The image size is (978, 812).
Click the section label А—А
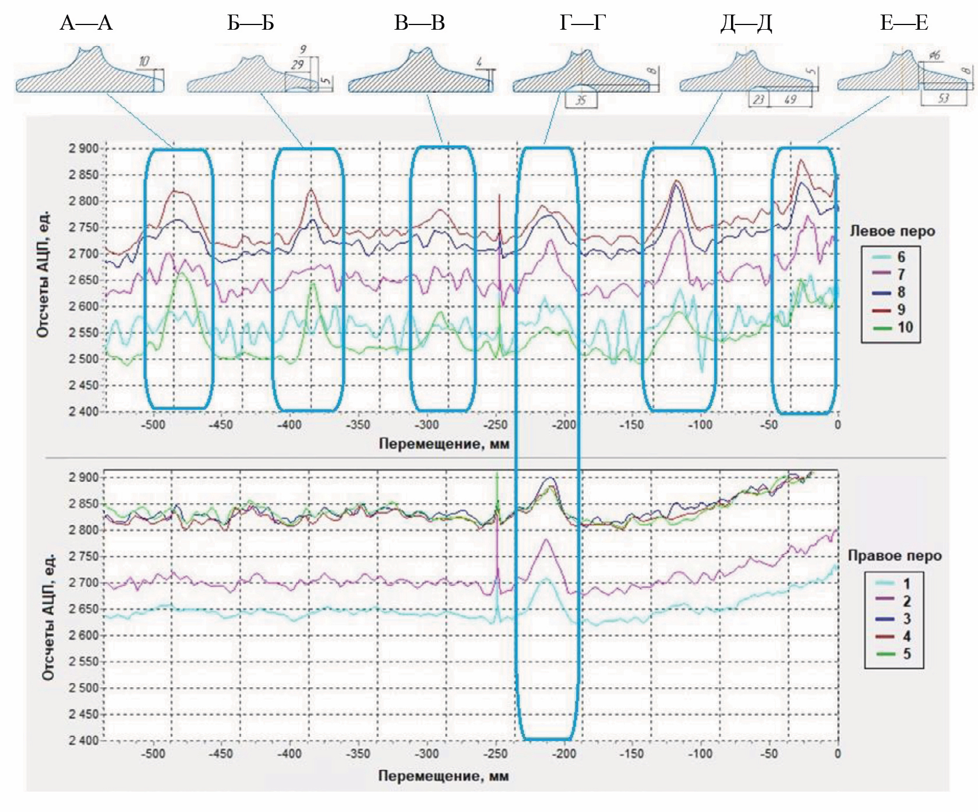tap(86, 23)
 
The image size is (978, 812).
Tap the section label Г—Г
tap(582, 23)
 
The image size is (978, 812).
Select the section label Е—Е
tap(903, 23)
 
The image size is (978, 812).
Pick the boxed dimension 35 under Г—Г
tap(581, 100)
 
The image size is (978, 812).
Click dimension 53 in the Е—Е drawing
tap(944, 98)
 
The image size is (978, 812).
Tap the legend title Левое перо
tap(892, 231)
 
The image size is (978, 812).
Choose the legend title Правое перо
tap(894, 556)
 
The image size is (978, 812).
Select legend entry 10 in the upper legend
tap(905, 327)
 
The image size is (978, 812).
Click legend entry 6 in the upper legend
tap(901, 257)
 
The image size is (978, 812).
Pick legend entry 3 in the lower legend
tap(906, 619)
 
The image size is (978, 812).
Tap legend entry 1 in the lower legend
tap(906, 584)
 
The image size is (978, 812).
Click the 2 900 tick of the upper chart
tap(84, 149)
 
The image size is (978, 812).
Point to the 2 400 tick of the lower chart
tap(84, 740)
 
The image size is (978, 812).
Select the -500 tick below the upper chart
tap(153, 425)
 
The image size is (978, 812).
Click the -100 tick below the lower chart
tap(700, 754)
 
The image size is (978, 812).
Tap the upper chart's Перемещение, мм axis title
tap(444, 444)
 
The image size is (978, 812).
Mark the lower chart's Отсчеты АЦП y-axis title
tap(48, 617)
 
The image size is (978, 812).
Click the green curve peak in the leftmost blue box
tap(182, 273)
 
